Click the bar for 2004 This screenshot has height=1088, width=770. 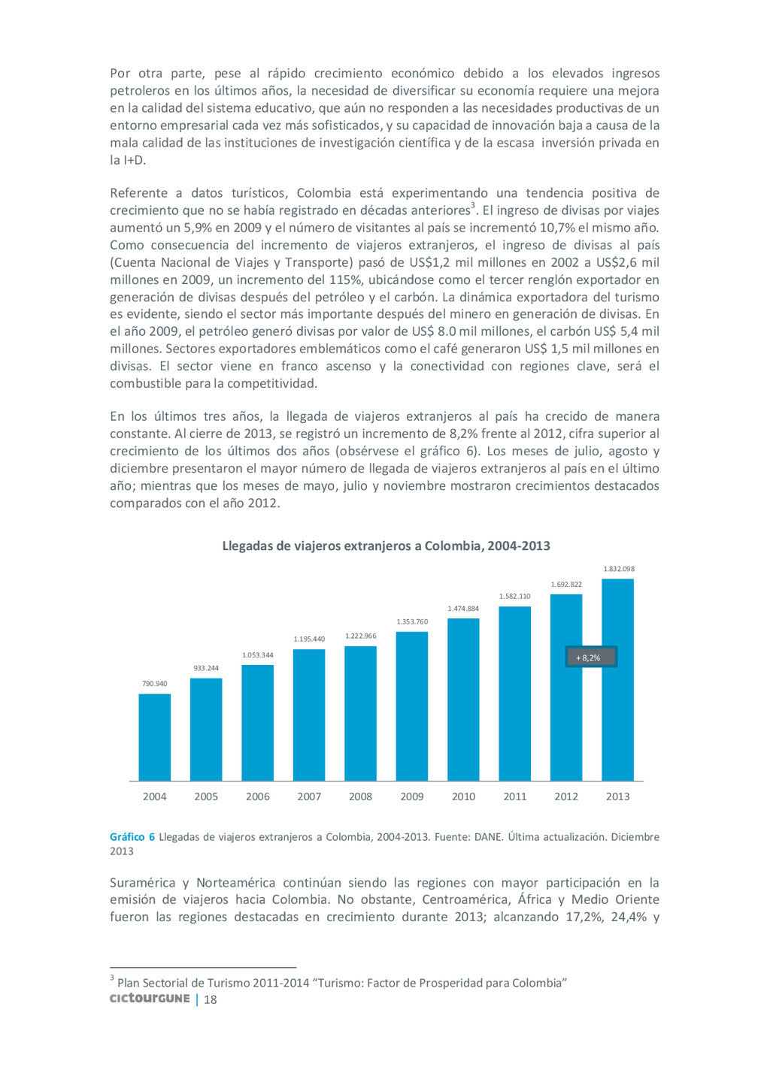coord(155,737)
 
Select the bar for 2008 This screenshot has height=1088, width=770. coord(360,713)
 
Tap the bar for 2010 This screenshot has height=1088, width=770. coord(463,700)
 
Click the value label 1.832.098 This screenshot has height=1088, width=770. coord(618,569)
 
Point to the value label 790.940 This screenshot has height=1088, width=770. coord(155,684)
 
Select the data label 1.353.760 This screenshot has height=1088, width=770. coord(412,621)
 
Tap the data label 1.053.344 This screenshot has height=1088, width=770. coord(258,655)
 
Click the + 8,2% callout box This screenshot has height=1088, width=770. coord(591,657)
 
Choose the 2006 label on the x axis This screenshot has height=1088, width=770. coord(258,796)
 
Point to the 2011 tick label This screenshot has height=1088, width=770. coord(515,796)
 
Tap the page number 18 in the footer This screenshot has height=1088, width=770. coord(211,999)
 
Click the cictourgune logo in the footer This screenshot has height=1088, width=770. coord(150,999)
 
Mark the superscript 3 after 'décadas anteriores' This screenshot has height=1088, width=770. coord(473,205)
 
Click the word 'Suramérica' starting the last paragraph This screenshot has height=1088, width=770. coord(145,883)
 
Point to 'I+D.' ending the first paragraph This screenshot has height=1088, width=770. coord(128,160)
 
